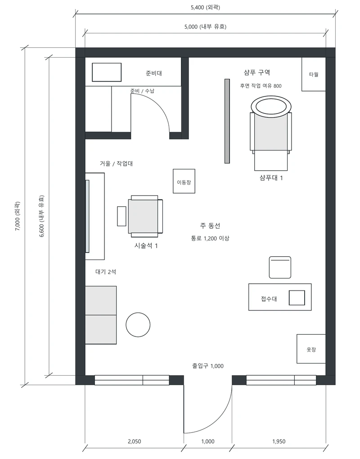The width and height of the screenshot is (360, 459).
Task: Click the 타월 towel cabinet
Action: (314, 74)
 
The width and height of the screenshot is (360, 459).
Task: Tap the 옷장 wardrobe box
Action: (311, 349)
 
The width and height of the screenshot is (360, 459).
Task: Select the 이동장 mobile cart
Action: (184, 181)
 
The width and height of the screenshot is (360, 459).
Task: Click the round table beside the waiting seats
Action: (138, 325)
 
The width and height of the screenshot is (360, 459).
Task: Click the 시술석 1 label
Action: (146, 246)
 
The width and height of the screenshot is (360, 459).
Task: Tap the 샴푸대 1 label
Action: (271, 178)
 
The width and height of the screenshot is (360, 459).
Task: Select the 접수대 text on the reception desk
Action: (269, 299)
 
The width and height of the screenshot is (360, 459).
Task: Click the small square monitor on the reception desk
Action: (297, 298)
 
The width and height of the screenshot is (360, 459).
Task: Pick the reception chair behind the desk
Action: (280, 267)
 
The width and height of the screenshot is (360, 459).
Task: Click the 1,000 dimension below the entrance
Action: (208, 441)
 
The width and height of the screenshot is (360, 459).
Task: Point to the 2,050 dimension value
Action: (134, 441)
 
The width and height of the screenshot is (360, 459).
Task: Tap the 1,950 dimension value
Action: (279, 441)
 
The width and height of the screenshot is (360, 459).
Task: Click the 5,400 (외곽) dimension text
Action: (205, 7)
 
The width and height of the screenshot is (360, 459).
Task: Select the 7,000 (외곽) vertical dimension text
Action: (18, 216)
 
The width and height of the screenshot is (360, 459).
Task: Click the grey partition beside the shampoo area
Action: (227, 121)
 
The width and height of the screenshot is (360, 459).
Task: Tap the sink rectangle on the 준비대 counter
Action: (107, 73)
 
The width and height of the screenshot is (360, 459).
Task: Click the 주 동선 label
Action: (210, 226)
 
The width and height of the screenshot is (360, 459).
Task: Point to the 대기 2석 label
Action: (106, 272)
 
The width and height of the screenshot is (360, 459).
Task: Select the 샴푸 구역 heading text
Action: (257, 73)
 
